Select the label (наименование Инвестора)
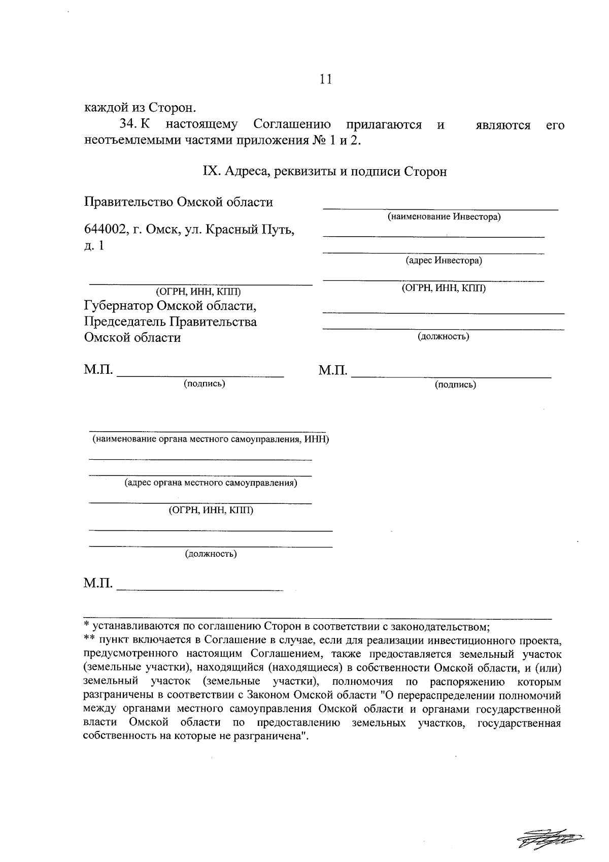pyautogui.click(x=444, y=217)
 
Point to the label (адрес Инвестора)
pyautogui.click(x=444, y=261)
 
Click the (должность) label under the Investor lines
pyautogui.click(x=443, y=336)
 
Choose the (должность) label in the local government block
pyautogui.click(x=211, y=554)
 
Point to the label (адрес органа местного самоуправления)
pyautogui.click(x=211, y=483)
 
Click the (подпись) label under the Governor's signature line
pyautogui.click(x=205, y=384)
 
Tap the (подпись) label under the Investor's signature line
pyautogui.click(x=455, y=385)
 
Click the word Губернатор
pyautogui.click(x=119, y=306)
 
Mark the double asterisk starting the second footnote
pyautogui.click(x=89, y=639)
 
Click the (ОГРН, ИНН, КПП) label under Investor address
pyautogui.click(x=444, y=288)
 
